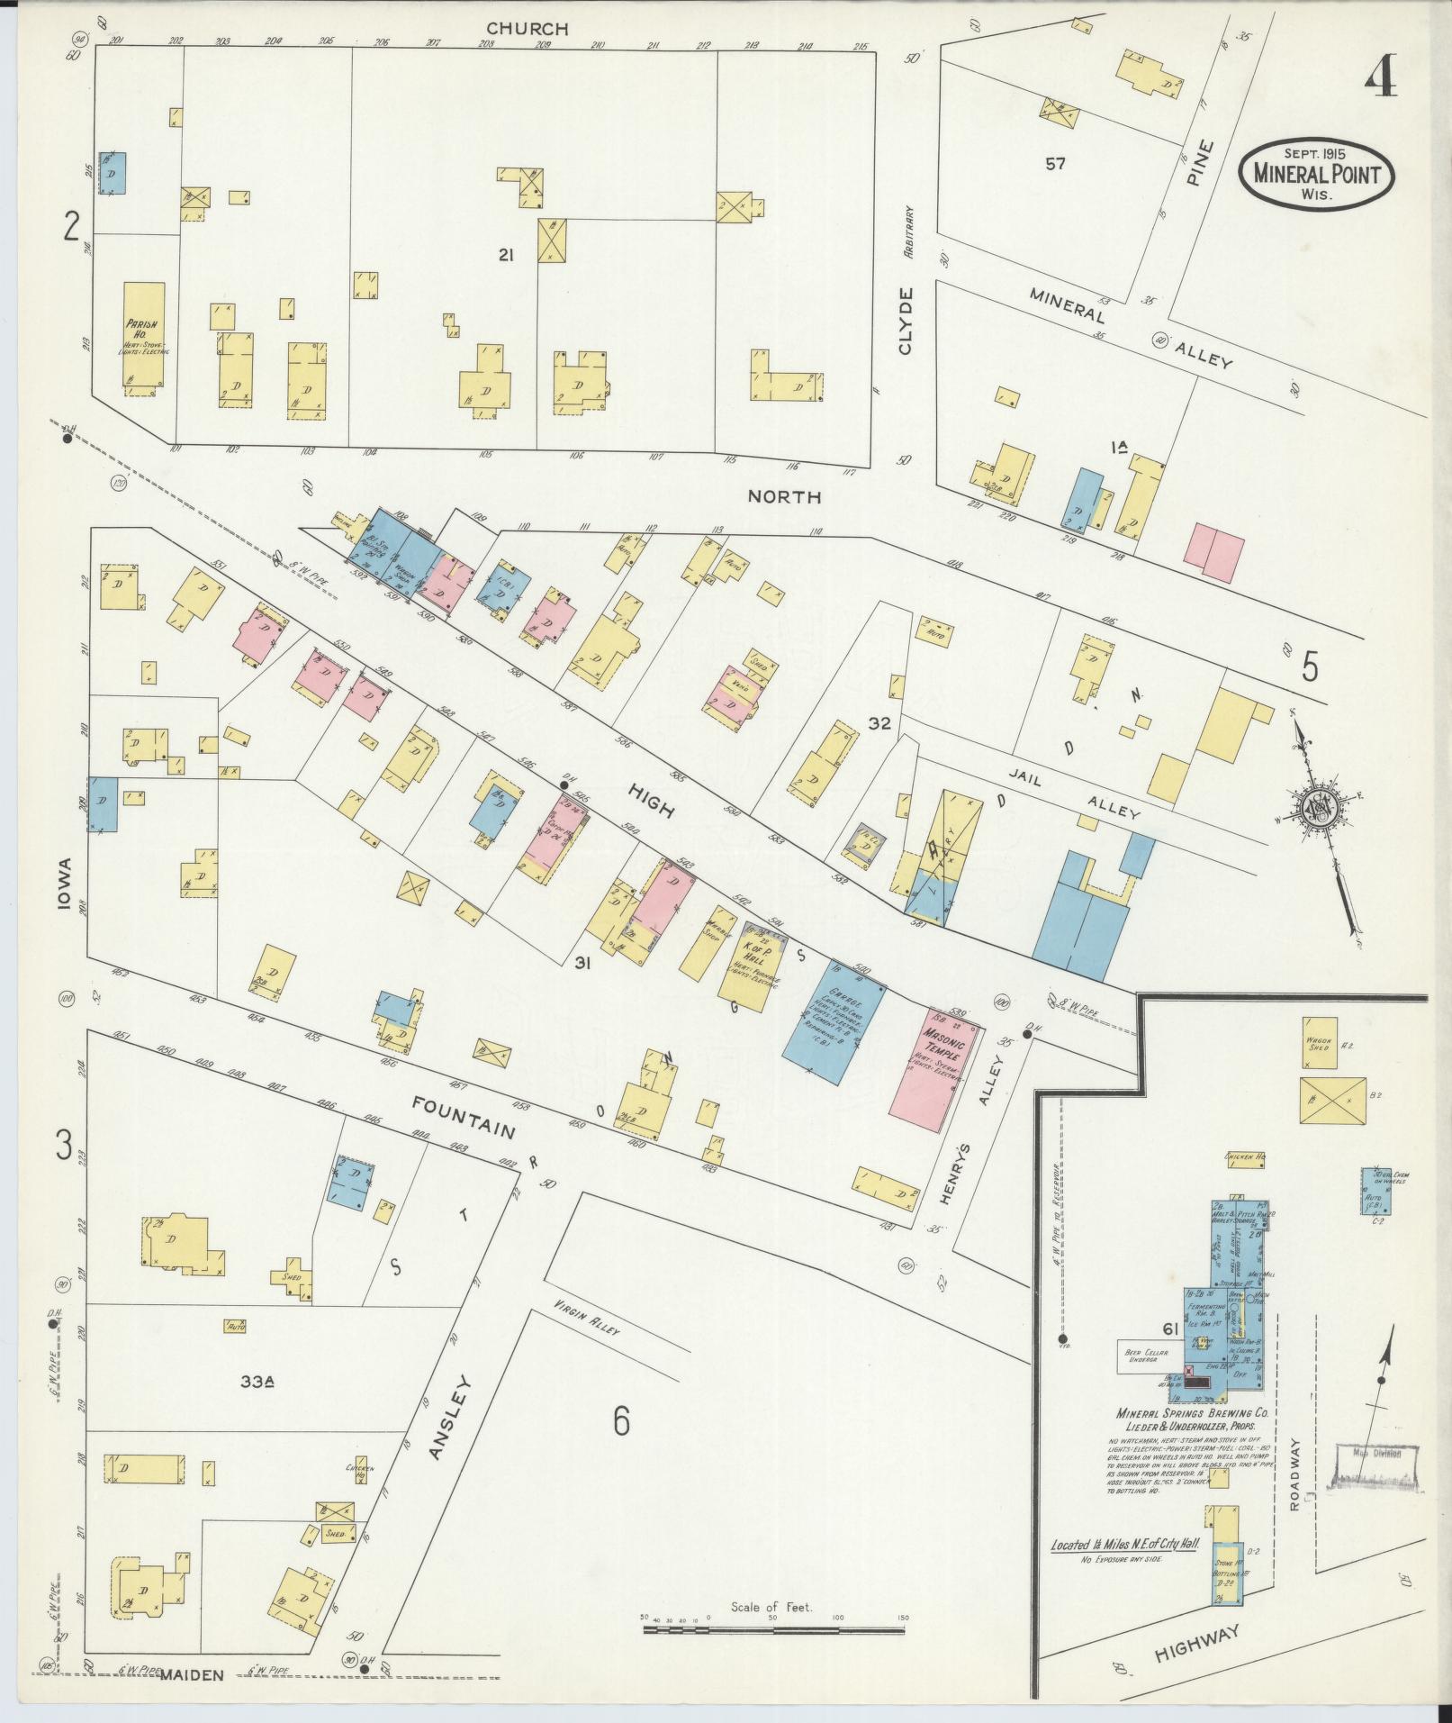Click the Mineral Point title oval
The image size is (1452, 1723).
point(1315,173)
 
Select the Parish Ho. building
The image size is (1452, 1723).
point(144,334)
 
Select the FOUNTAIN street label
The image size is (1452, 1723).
point(464,1117)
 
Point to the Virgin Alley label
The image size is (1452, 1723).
point(587,1319)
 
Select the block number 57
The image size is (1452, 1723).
point(1055,164)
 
